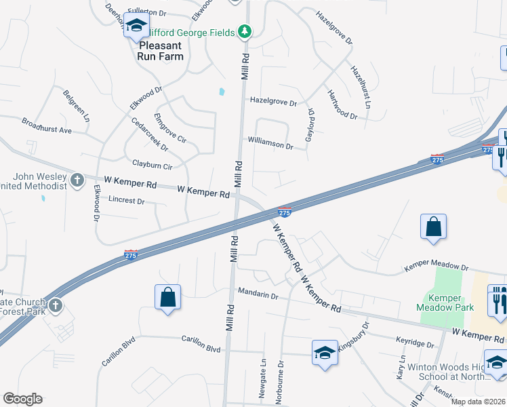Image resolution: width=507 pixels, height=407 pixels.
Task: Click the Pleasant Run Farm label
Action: coord(162,51)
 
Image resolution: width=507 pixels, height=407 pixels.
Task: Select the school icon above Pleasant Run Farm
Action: coord(136,26)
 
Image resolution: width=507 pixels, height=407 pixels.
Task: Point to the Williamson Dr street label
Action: coord(270,146)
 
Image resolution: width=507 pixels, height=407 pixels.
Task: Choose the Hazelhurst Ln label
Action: coord(361,87)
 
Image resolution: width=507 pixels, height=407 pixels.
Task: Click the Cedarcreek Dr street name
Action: coord(150,134)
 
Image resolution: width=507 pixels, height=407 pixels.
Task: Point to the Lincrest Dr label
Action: coord(127,201)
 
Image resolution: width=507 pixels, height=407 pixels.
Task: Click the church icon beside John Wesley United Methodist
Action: coord(77,180)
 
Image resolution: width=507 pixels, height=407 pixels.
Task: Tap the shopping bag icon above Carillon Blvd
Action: coord(167,297)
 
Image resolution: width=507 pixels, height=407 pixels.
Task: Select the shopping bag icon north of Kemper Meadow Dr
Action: coord(433,227)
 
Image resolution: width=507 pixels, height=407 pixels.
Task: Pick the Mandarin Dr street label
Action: coord(258,296)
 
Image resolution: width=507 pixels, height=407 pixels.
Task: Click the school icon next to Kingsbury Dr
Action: coord(325,353)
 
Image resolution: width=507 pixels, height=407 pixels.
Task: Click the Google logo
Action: coord(22,399)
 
